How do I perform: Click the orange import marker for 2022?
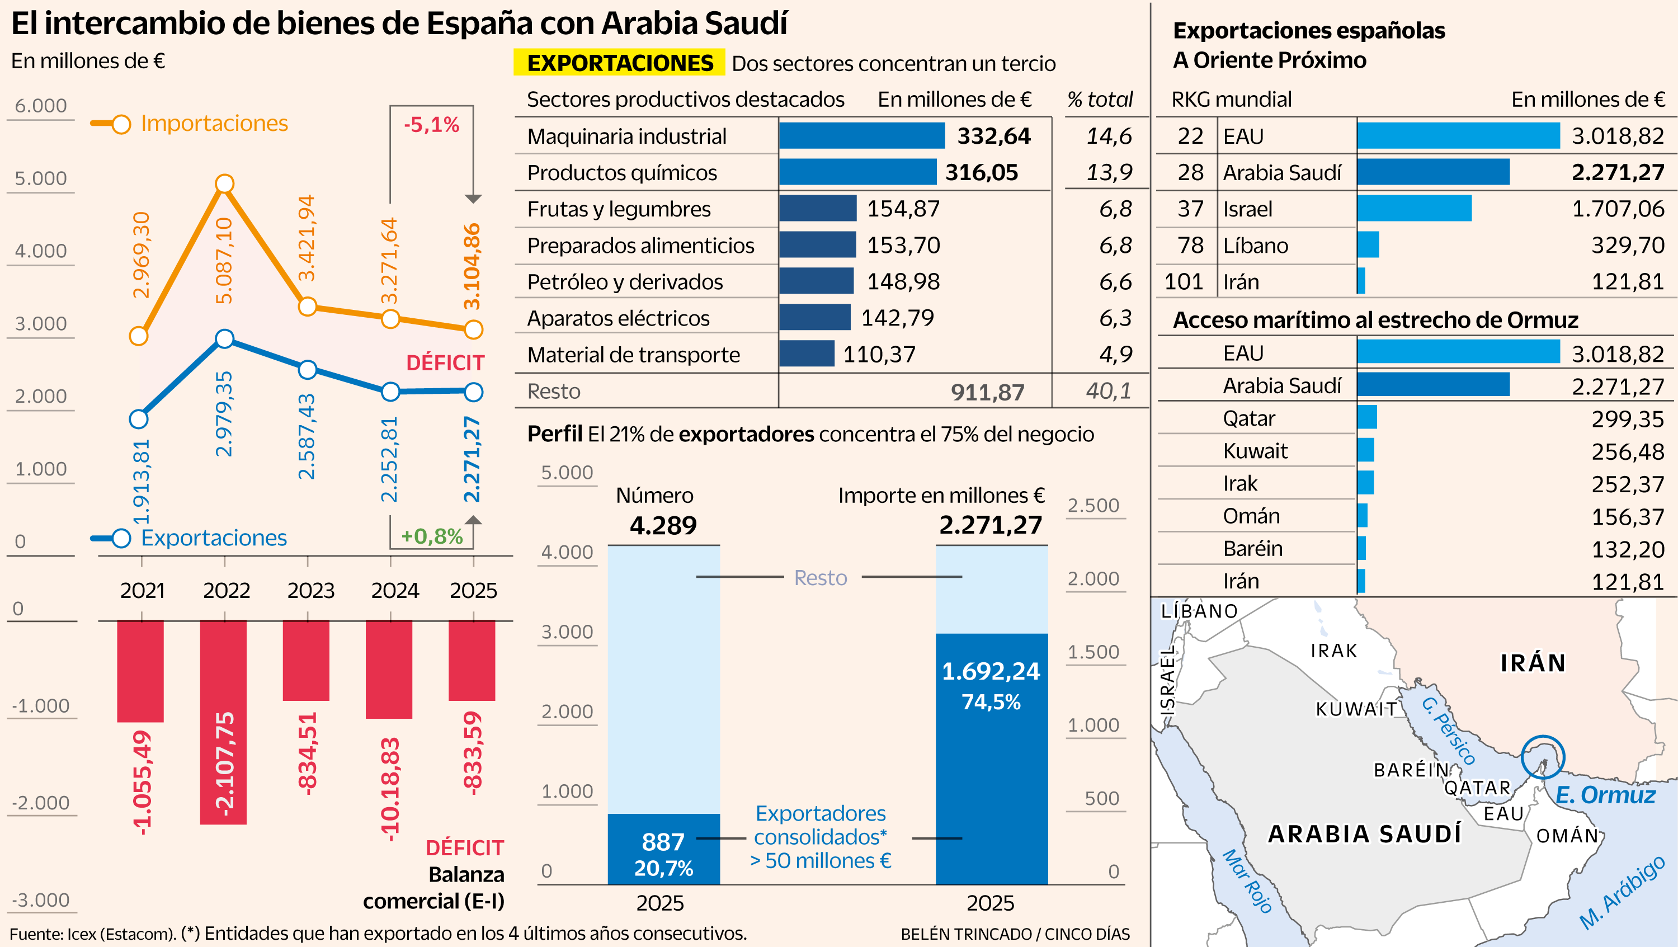pyautogui.click(x=224, y=183)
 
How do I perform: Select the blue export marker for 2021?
pyautogui.click(x=139, y=419)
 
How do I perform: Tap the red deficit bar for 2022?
pyautogui.click(x=223, y=722)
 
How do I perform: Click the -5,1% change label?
pyautogui.click(x=431, y=124)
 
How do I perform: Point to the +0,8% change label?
pyautogui.click(x=431, y=536)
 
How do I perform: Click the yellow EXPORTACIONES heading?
pyautogui.click(x=620, y=63)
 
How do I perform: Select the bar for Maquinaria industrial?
pyautogui.click(x=861, y=135)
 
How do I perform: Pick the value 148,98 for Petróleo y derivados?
pyautogui.click(x=903, y=281)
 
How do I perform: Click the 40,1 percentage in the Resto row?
pyautogui.click(x=1108, y=391)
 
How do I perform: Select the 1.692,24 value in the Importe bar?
pyautogui.click(x=991, y=671)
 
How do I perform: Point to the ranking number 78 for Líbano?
pyautogui.click(x=1190, y=246)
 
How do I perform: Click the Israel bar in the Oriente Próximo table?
pyautogui.click(x=1413, y=209)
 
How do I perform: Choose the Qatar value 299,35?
pyautogui.click(x=1627, y=419)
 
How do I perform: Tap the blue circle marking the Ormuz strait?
pyautogui.click(x=1543, y=757)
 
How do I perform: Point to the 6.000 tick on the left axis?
pyautogui.click(x=40, y=106)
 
